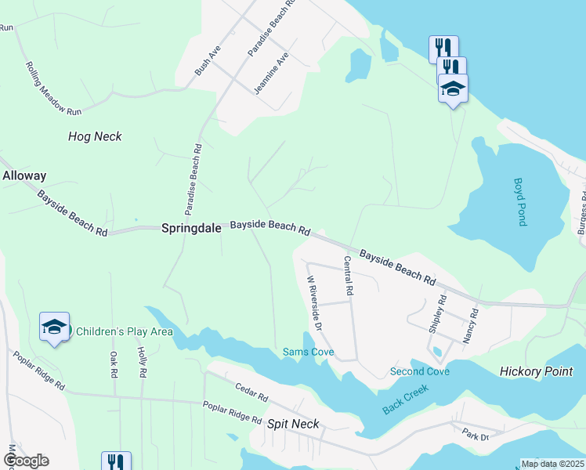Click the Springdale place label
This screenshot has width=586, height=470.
tap(192, 229)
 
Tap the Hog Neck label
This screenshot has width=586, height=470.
tap(95, 136)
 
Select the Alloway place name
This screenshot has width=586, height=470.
tap(24, 176)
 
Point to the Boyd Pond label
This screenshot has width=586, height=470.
tap(519, 201)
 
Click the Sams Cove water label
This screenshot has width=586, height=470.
tap(308, 352)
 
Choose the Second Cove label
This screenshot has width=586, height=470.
tap(420, 371)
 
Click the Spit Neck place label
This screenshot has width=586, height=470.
tap(294, 424)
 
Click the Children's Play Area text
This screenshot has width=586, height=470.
tap(124, 331)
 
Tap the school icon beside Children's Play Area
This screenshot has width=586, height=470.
tap(54, 327)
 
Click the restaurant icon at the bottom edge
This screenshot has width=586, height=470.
tap(115, 461)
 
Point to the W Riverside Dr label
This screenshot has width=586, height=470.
tap(314, 302)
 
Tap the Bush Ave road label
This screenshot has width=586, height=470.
tap(208, 60)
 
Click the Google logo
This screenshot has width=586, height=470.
tap(26, 461)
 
